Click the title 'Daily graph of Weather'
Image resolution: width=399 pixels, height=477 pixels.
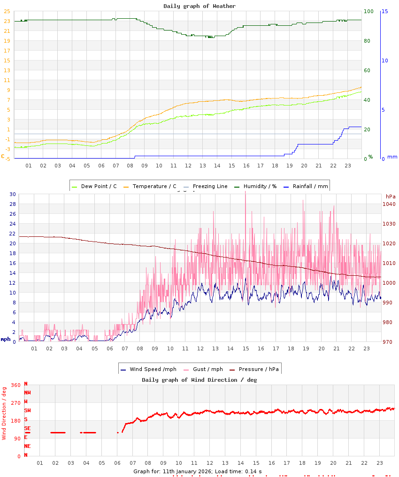[199, 6]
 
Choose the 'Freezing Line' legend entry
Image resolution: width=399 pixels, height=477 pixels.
[210, 186]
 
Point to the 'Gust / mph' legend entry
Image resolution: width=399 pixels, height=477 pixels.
[207, 369]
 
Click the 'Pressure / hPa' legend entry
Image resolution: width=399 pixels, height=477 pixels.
[259, 369]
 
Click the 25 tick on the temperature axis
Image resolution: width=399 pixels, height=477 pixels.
[7, 11]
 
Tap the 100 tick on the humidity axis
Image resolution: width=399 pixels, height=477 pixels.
[369, 11]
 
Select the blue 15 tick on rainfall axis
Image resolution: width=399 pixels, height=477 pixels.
[384, 11]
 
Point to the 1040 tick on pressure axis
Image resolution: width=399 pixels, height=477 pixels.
[389, 204]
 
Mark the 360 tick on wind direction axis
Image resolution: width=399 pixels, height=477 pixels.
[15, 385]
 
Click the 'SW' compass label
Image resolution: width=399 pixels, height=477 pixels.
[27, 410]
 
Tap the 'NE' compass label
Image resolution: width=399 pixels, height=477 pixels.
[27, 446]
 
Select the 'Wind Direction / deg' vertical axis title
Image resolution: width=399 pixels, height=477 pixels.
[4, 413]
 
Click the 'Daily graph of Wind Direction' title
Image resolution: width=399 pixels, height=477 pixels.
[199, 380]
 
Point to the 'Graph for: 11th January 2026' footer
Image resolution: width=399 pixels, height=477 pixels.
[197, 471]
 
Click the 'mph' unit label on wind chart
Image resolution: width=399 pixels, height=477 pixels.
[5, 339]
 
